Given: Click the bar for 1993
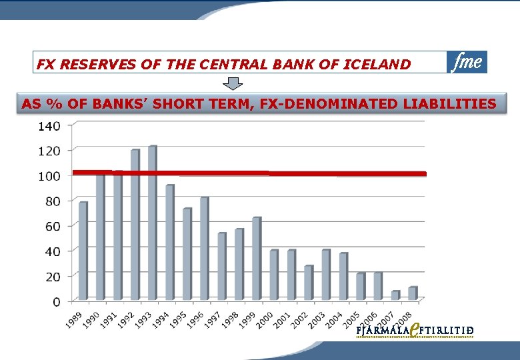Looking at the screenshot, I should coord(152,223).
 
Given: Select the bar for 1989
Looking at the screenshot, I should coord(83,251).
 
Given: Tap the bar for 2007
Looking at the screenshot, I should coord(395,295).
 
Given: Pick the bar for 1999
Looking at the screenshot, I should coord(257,259).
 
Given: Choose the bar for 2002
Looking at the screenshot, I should coord(309,283).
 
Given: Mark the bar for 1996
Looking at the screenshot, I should coord(204,249).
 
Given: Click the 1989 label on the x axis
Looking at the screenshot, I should coord(74,319).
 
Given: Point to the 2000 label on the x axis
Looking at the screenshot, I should coord(265,319).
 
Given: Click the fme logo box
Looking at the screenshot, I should coord(467,62).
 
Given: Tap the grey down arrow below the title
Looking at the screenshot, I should coord(233,84).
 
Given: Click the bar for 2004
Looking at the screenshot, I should coord(343,276).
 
